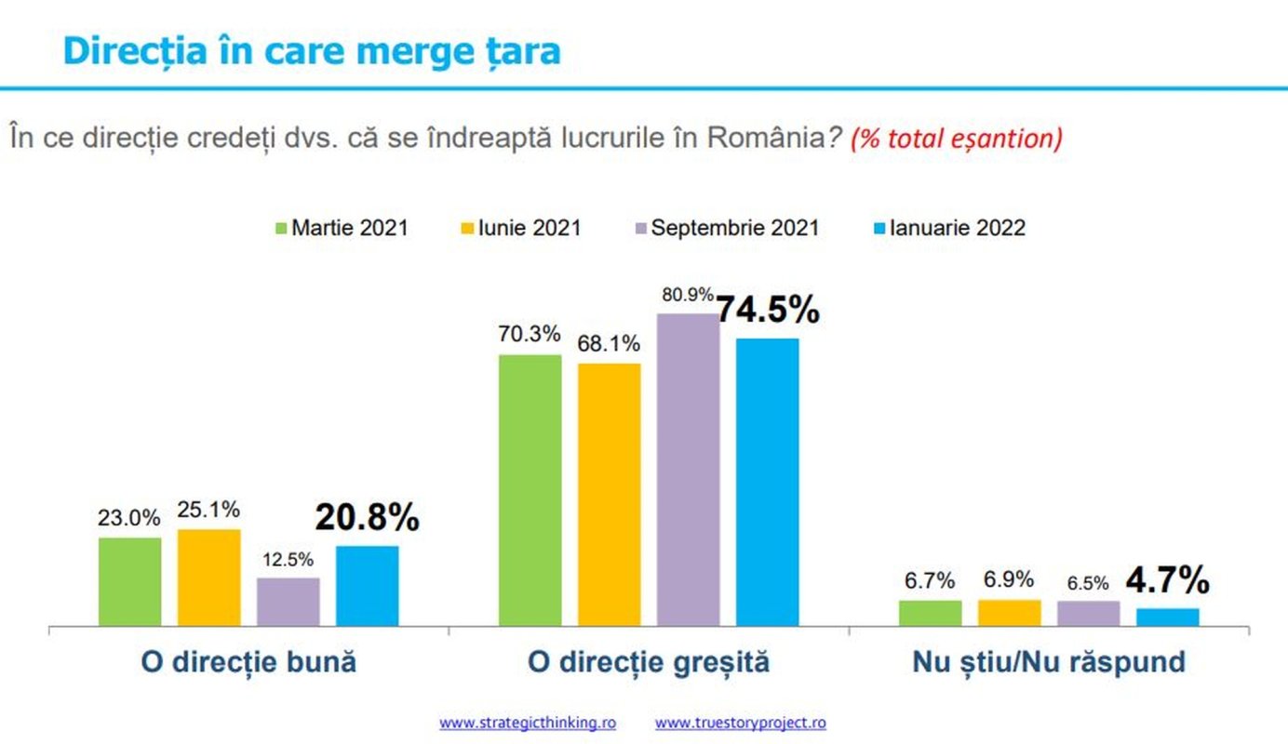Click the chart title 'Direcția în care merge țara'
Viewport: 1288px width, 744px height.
pos(311,50)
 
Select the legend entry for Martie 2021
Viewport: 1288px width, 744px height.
pos(342,228)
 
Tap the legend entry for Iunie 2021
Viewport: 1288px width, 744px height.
pos(521,228)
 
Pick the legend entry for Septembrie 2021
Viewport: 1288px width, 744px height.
pos(725,228)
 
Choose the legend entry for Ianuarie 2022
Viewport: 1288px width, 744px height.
pos(948,228)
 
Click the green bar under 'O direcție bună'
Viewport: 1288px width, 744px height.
pos(129,581)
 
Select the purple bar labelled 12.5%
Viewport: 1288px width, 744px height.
pos(288,602)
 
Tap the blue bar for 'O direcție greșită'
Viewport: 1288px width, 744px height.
pos(767,482)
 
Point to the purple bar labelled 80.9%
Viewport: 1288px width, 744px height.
pos(688,470)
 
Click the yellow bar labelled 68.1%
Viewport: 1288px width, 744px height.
pos(609,494)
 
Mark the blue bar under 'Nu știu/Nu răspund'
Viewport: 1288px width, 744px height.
pos(1167,617)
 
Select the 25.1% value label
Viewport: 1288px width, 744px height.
pos(208,510)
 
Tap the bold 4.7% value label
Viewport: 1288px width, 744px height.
pos(1167,581)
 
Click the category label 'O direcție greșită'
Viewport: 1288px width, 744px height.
pos(649,662)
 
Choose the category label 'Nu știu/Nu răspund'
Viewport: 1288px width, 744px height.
pos(1049,662)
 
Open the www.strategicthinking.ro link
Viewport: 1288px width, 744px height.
pos(527,723)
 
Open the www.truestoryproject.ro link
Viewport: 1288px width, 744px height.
pos(740,723)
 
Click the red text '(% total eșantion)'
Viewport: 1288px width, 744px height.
pos(956,139)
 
